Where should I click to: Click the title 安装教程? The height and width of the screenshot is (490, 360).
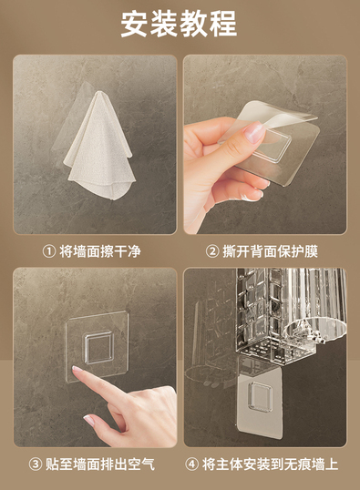(x=179, y=24)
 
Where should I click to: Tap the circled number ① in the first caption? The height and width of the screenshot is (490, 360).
(x=49, y=251)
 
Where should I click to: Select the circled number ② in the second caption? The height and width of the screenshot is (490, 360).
(x=212, y=251)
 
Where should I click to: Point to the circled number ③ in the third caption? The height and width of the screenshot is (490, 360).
(x=36, y=464)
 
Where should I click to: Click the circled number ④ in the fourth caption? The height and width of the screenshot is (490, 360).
(x=191, y=464)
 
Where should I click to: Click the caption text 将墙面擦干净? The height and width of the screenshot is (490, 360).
(x=100, y=251)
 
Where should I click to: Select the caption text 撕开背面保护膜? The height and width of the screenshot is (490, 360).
(x=271, y=251)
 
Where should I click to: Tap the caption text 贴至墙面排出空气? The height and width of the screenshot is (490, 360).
(x=100, y=464)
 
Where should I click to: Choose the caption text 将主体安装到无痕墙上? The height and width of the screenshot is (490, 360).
(x=271, y=464)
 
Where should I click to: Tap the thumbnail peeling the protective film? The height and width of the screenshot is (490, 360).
(x=254, y=132)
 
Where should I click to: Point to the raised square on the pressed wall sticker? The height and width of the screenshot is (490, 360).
(x=98, y=347)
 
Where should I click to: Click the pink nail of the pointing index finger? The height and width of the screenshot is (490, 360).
(x=77, y=370)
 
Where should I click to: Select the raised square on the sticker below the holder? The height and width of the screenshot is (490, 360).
(x=261, y=396)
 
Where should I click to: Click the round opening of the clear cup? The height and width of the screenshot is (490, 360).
(x=316, y=328)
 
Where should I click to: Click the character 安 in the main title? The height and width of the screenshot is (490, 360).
(x=135, y=24)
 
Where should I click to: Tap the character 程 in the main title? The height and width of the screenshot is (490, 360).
(x=223, y=24)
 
